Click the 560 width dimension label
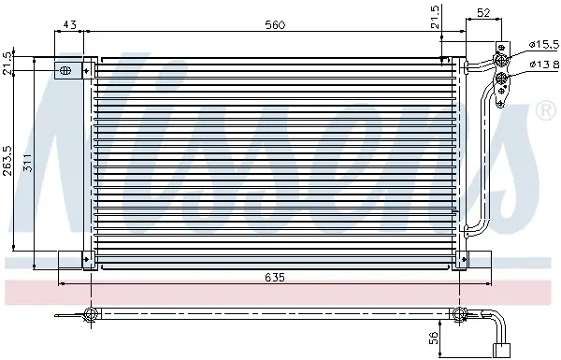pyautogui.click(x=275, y=25)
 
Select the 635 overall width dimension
pyautogui.click(x=275, y=278)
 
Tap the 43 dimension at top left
pyautogui.click(x=69, y=24)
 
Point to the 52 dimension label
pyautogui.click(x=483, y=13)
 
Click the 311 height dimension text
pyautogui.click(x=28, y=163)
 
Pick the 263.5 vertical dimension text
pyautogui.click(x=7, y=160)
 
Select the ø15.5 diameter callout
pyautogui.click(x=544, y=44)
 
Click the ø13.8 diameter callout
pyautogui.click(x=544, y=65)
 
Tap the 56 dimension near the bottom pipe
pyautogui.click(x=433, y=338)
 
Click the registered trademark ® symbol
pyautogui.click(x=545, y=111)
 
